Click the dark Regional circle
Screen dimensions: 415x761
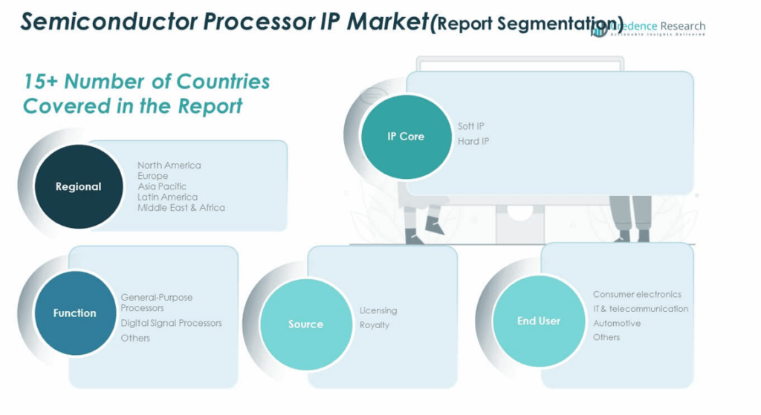[x=78, y=186]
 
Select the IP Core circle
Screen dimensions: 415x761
[x=406, y=137]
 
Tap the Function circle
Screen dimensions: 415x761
[x=74, y=313]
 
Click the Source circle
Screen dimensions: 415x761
[x=305, y=324]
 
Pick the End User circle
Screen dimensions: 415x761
[x=538, y=321]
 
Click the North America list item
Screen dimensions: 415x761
[x=169, y=165]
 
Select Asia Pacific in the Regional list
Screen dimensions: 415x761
[x=161, y=186]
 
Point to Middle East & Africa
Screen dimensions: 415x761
[x=181, y=208]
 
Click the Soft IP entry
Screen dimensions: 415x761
[x=470, y=126]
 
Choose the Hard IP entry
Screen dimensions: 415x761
[x=473, y=141]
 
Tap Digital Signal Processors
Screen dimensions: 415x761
[x=171, y=323]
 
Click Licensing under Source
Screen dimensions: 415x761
[x=378, y=310]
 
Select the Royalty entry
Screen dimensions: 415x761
[x=375, y=325]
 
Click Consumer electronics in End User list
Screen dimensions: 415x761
[x=637, y=294]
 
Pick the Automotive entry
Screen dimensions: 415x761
[x=616, y=323]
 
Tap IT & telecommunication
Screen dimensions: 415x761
[x=641, y=309]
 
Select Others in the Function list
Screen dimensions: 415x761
[x=135, y=338]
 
